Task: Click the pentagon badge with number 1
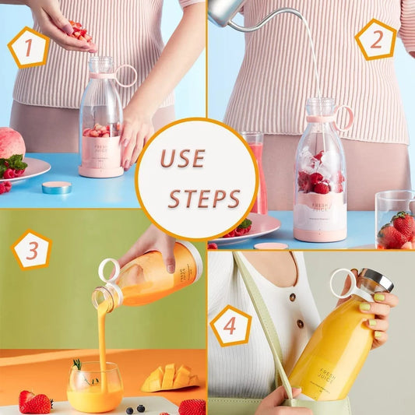[29, 48]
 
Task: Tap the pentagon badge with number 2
[376, 40]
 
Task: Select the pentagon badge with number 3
[33, 251]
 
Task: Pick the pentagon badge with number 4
[230, 325]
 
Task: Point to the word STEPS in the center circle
[205, 199]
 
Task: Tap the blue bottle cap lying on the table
[57, 188]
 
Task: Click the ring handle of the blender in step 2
[343, 117]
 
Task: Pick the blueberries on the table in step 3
[135, 408]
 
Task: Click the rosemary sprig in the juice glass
[76, 367]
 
